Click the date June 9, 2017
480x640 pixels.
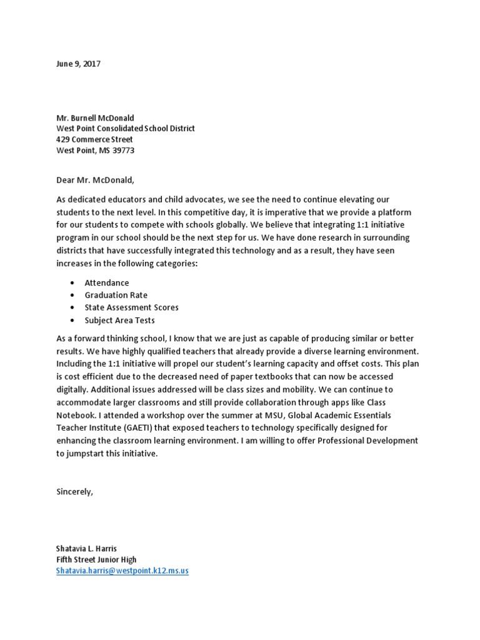pos(78,64)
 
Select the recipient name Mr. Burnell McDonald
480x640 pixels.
pos(95,117)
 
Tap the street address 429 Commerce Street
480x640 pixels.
pos(94,139)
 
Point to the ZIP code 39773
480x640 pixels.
pos(122,151)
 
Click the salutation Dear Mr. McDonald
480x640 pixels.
pos(95,180)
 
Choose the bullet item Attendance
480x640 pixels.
pos(106,282)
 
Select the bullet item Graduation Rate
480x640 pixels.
pos(116,295)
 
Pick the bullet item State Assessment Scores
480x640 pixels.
pos(131,307)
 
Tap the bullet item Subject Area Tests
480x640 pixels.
pos(119,320)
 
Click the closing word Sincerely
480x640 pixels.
pos(74,491)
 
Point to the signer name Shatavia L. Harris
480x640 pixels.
pos(86,549)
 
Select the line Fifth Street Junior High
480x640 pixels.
pos(96,559)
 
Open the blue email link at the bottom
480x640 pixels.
pos(122,571)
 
